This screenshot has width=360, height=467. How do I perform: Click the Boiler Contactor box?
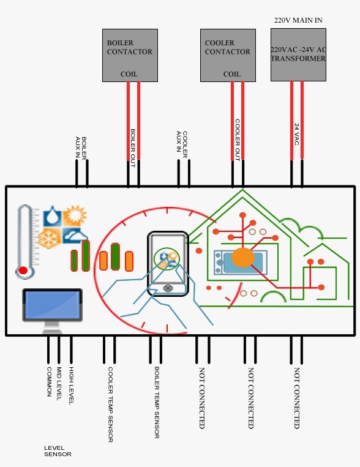pyautogui.click(x=129, y=55)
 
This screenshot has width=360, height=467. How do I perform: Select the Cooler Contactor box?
pyautogui.click(x=227, y=55)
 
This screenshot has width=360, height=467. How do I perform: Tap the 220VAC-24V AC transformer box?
pyautogui.click(x=298, y=54)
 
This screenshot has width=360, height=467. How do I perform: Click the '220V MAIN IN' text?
pyautogui.click(x=298, y=20)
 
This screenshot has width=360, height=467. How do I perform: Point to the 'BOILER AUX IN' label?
pyautogui.click(x=80, y=147)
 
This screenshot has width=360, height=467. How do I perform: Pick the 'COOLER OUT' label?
pyautogui.click(x=237, y=140)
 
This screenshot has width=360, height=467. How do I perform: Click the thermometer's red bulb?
pyautogui.click(x=23, y=270)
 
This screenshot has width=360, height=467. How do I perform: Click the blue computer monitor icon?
pyautogui.click(x=52, y=305)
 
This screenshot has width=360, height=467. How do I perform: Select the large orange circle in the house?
pyautogui.click(x=242, y=258)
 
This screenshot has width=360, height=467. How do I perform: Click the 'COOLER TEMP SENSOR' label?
pyautogui.click(x=110, y=404)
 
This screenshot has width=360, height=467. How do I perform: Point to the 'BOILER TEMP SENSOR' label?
pyautogui.click(x=157, y=403)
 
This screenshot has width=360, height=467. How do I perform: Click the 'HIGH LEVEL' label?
pyautogui.click(x=71, y=386)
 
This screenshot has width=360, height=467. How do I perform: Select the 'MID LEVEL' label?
pyautogui.click(x=59, y=384)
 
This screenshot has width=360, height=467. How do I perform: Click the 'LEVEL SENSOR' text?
pyautogui.click(x=58, y=451)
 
